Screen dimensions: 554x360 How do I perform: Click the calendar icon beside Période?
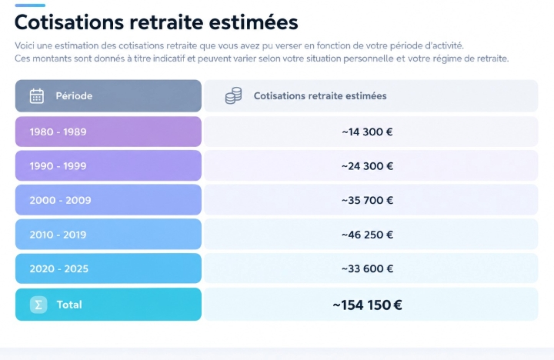(37, 95)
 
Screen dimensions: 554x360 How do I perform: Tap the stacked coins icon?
(234, 95)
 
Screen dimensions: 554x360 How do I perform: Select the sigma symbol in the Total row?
(38, 305)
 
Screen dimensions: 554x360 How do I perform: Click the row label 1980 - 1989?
(58, 132)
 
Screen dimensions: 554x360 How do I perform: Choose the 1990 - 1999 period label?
(58, 166)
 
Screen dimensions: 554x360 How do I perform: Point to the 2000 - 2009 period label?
(61, 200)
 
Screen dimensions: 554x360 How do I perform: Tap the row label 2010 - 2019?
(58, 235)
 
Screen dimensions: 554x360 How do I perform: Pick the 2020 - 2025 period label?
(59, 269)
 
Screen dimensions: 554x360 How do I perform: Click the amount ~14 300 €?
(368, 132)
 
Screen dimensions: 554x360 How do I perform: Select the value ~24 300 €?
(368, 166)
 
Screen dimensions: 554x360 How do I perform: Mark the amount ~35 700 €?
(368, 200)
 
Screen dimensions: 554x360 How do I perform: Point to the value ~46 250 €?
(368, 235)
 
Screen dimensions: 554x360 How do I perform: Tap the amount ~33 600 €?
(368, 269)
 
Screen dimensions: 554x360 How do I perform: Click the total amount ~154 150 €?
(368, 305)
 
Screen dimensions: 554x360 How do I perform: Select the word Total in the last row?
(69, 305)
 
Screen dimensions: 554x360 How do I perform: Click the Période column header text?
(74, 95)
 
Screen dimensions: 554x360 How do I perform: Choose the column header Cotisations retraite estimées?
(320, 95)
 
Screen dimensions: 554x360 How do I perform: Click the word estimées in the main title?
(253, 22)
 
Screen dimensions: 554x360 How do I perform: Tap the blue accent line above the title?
(30, 5)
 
